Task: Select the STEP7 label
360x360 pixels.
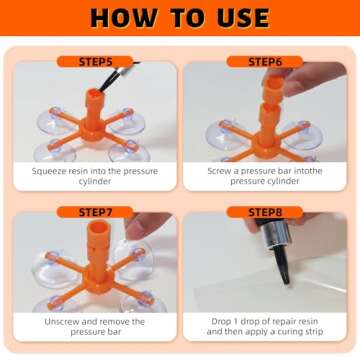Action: [97, 212]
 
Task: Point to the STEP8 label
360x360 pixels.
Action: [262, 212]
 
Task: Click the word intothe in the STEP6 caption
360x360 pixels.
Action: [310, 171]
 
